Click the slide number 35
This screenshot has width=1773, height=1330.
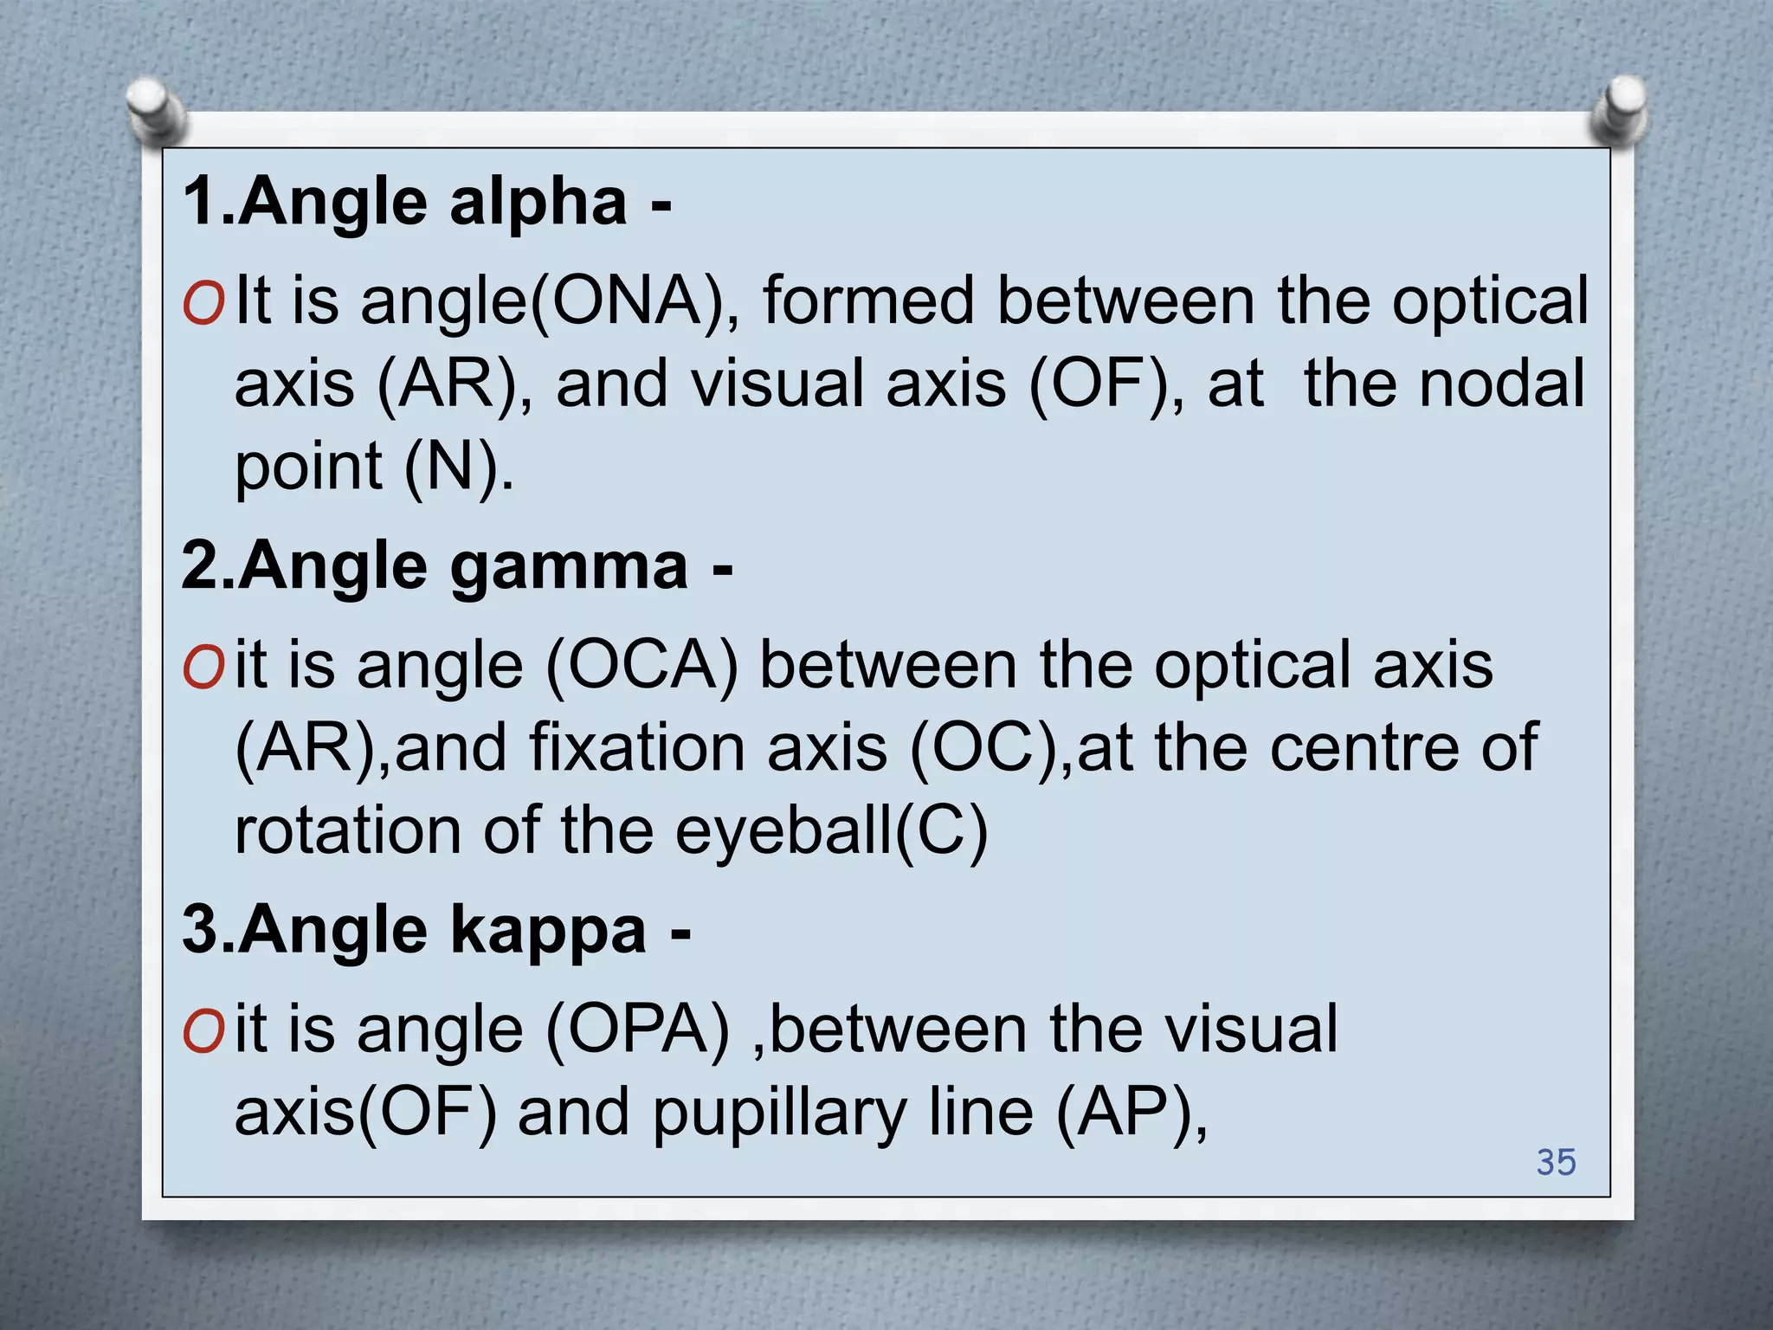[x=1556, y=1162]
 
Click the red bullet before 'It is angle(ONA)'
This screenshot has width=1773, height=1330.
[x=203, y=304]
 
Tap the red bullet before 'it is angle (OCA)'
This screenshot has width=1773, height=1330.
[x=203, y=668]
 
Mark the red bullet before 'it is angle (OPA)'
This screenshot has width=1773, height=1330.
[x=203, y=1033]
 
